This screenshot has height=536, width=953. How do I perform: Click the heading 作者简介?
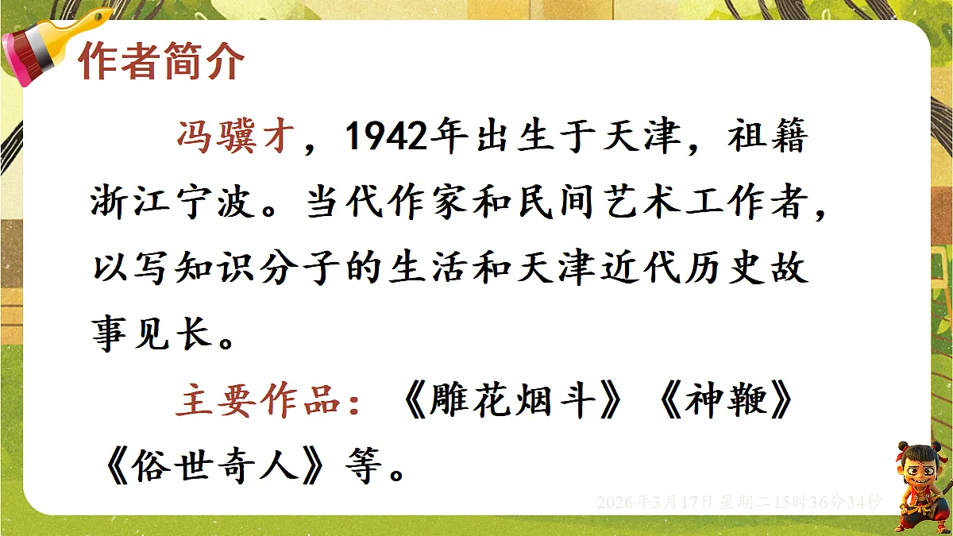tap(160, 60)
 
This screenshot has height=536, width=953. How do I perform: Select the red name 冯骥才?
tap(238, 137)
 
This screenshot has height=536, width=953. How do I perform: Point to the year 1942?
tap(383, 137)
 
